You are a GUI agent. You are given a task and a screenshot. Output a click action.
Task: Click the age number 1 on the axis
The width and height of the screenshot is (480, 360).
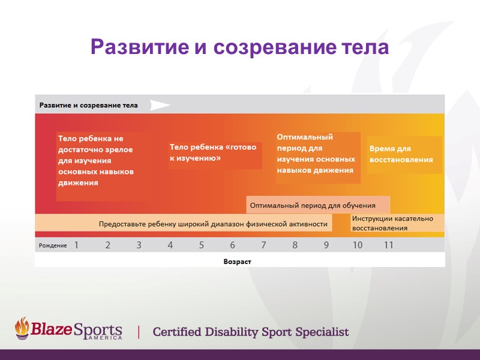(77, 245)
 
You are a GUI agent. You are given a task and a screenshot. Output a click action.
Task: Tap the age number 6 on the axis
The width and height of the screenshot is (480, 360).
(233, 245)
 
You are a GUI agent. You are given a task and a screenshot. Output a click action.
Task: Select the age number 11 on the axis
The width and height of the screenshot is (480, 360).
(389, 245)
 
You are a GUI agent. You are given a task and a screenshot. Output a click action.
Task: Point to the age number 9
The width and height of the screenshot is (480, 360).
(326, 245)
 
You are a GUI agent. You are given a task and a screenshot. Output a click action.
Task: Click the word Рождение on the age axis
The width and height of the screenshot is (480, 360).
(53, 246)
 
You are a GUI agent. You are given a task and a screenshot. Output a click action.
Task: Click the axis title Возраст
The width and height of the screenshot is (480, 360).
(237, 262)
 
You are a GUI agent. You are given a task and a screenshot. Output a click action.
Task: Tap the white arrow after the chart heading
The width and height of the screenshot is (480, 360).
(160, 105)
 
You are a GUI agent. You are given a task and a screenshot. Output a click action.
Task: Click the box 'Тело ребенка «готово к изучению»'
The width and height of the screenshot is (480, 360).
(215, 152)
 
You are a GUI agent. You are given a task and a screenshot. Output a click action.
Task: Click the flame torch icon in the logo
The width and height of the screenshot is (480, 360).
(22, 328)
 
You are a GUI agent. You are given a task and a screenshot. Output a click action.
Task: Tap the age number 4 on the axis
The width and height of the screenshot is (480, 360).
(170, 245)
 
